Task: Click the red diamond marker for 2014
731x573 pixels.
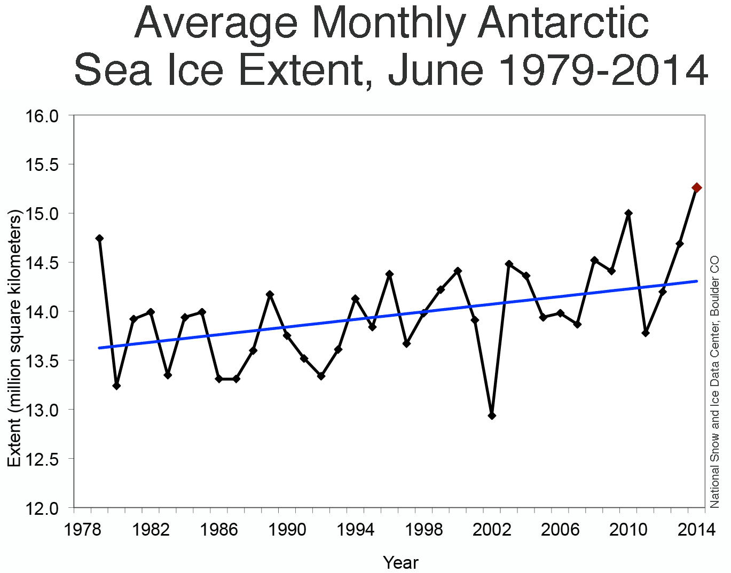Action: tap(696, 187)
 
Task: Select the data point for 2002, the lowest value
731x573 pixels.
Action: tap(492, 415)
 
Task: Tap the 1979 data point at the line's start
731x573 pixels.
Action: tap(99, 238)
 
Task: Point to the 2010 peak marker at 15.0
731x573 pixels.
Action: tap(628, 213)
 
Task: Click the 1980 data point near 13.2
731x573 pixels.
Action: tap(116, 386)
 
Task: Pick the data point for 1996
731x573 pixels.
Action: tap(389, 274)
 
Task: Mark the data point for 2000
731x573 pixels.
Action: tap(458, 271)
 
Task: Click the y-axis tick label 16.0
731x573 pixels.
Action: tap(42, 116)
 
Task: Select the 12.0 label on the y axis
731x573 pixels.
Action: tap(42, 508)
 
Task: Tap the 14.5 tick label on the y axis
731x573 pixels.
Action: tap(42, 263)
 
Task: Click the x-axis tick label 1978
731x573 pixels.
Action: tap(82, 530)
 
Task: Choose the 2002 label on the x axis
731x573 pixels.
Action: tap(492, 530)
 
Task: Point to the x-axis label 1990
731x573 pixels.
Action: tap(287, 530)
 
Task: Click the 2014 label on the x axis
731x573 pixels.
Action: tap(696, 530)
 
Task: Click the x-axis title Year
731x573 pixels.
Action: tap(400, 562)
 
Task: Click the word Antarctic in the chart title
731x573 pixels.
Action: tap(563, 24)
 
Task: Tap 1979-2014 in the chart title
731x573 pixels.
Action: tap(603, 70)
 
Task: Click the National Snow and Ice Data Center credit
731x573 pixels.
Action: tap(714, 382)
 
